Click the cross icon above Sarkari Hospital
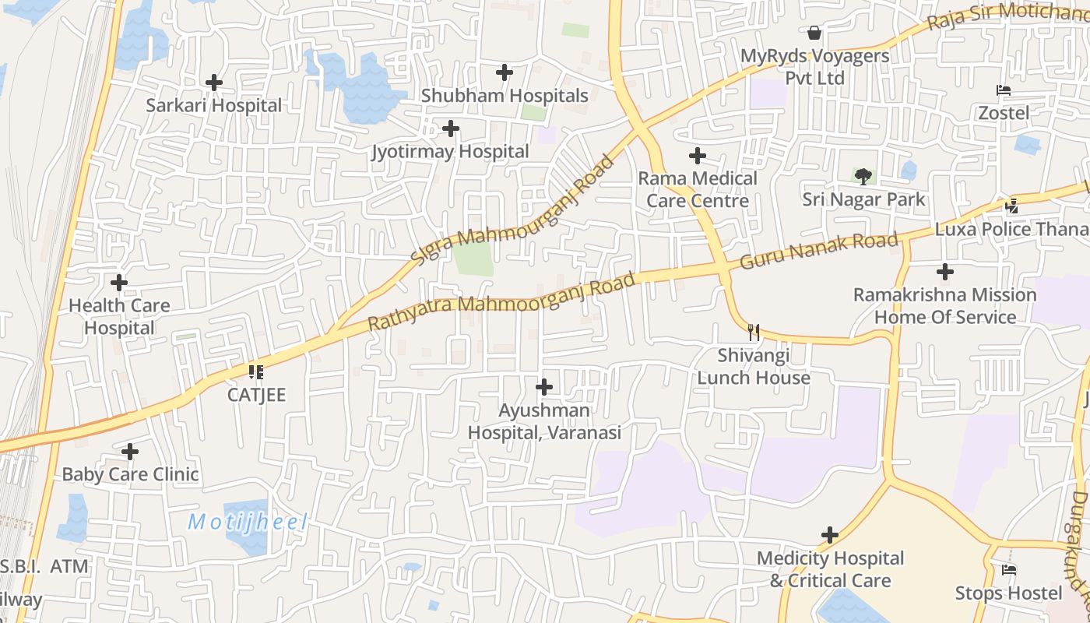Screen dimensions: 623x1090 pos(214,82)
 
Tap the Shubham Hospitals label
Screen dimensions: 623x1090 pos(505,96)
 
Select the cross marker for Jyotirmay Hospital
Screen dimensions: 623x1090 pos(450,128)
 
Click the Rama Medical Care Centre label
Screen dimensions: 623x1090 pos(698,189)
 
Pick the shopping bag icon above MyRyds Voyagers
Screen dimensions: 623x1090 pos(814,33)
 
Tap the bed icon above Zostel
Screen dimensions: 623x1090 pos(1004,91)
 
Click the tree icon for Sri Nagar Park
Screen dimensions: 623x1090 pos(863,177)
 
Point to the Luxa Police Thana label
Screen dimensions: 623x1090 pos(1011,229)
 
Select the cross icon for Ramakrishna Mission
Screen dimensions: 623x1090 pos(944,272)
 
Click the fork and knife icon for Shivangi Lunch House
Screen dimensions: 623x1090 pos(753,333)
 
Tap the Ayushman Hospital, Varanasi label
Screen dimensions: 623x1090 pos(544,421)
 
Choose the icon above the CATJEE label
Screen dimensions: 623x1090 pos(256,372)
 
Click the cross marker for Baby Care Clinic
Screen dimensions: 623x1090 pos(130,451)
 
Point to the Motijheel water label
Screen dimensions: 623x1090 pos(248,522)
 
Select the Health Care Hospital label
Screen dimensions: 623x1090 pos(119,317)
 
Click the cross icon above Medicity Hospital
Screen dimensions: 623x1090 pos(830,535)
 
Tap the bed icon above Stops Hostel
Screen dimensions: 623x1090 pos(1009,570)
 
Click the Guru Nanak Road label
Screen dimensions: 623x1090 pos(818,250)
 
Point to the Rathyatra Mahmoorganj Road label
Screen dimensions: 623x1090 pos(501,301)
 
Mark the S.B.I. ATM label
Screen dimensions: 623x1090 pos(44,567)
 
